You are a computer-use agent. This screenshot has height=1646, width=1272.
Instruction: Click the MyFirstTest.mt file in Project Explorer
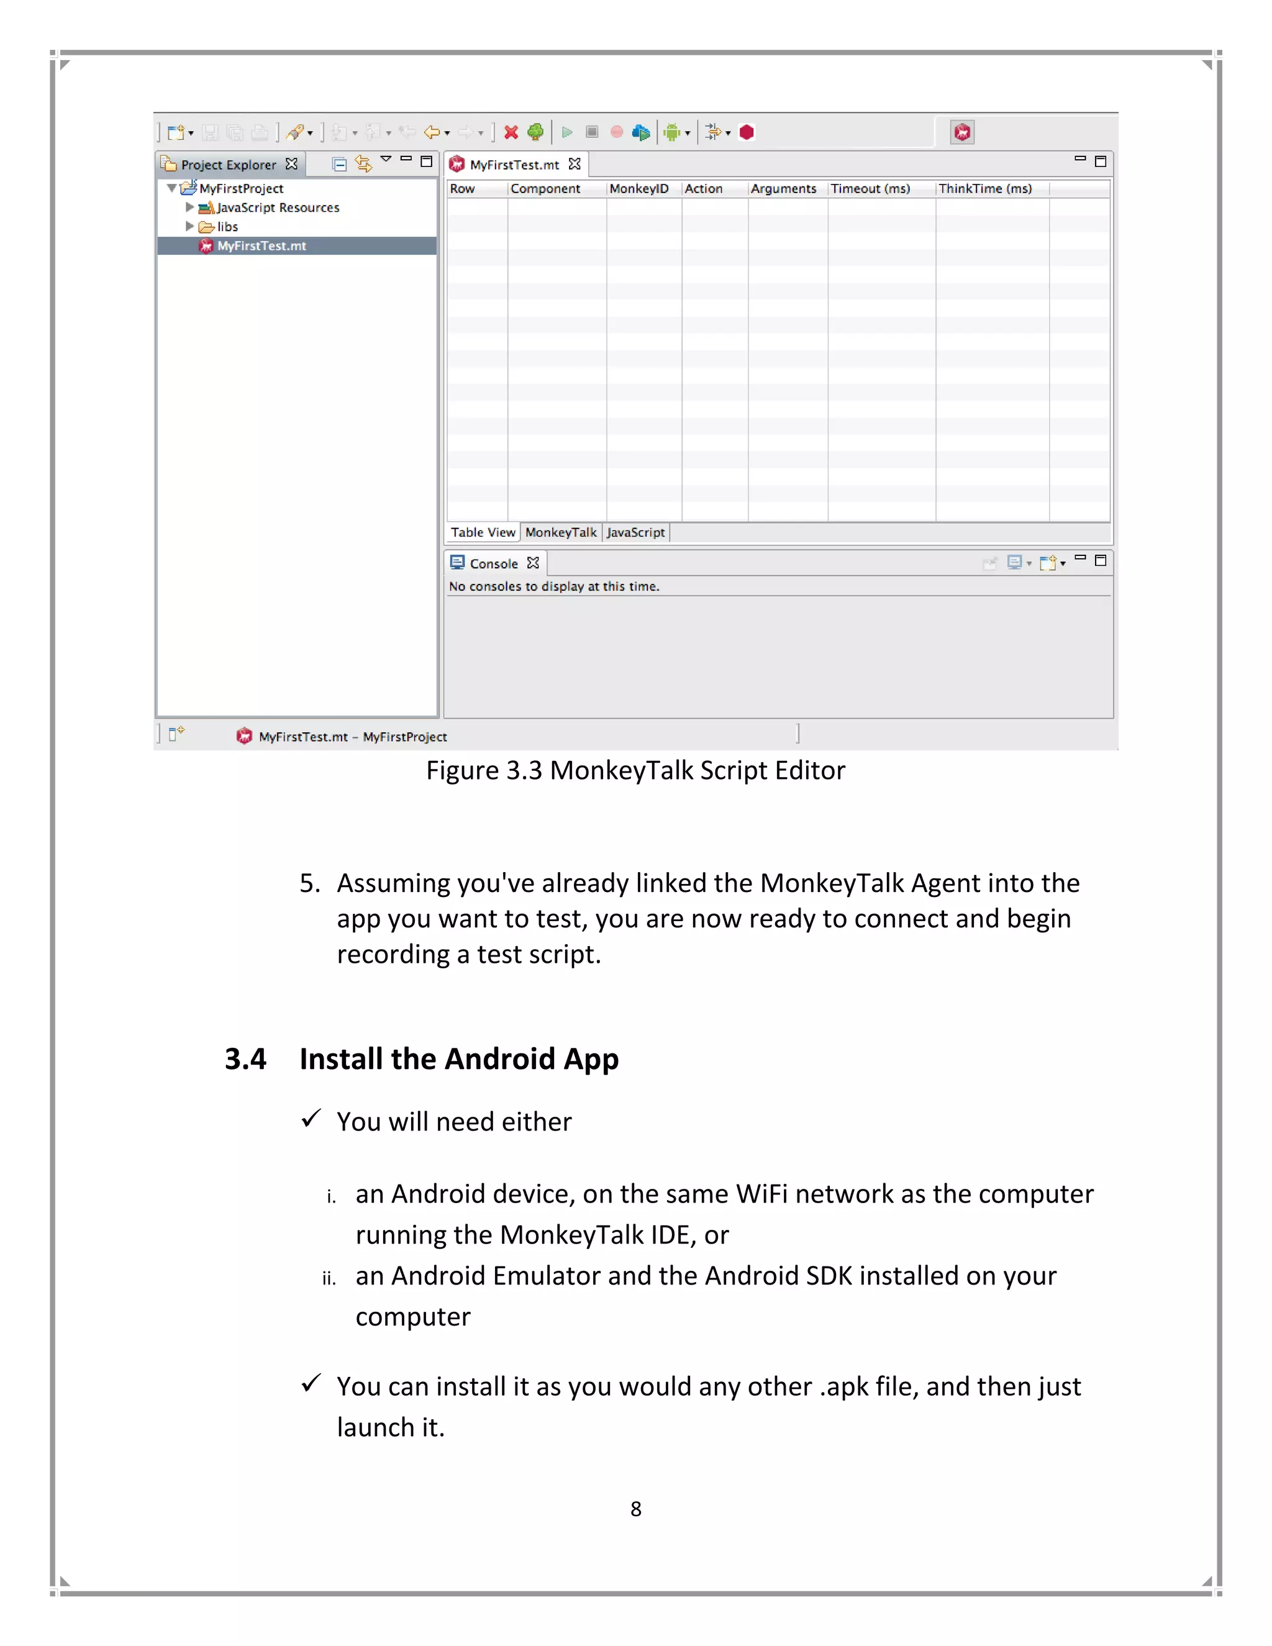261,246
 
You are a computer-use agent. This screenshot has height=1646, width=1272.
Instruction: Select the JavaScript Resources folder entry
277,207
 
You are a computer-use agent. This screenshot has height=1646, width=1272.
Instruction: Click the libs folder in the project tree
227,227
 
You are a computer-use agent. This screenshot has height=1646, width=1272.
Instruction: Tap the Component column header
545,188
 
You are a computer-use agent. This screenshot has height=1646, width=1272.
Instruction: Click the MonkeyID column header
638,188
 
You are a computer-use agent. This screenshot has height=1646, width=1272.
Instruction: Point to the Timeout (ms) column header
870,188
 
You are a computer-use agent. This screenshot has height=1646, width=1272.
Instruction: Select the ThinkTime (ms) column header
984,188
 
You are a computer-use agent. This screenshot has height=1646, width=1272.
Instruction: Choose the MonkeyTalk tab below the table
561,532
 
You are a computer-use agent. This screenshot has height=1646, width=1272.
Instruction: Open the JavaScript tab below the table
635,532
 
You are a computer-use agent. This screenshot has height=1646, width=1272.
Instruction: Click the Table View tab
482,532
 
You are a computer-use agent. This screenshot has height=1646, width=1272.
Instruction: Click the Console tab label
494,564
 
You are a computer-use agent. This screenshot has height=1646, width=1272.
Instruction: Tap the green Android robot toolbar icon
671,133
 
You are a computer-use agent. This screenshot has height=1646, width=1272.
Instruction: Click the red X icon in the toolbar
511,133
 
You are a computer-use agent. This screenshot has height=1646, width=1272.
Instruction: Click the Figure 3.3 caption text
635,770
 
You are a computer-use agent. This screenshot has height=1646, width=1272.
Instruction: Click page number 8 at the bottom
636,1509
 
